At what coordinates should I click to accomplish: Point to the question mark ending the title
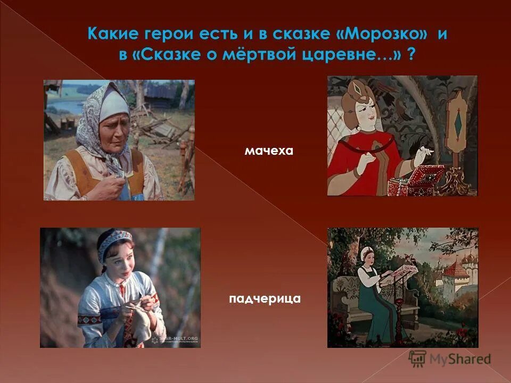[x=411, y=55]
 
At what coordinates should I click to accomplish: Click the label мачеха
[x=269, y=152]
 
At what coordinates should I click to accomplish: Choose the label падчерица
[x=265, y=299]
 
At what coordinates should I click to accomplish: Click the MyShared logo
[x=450, y=359]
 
